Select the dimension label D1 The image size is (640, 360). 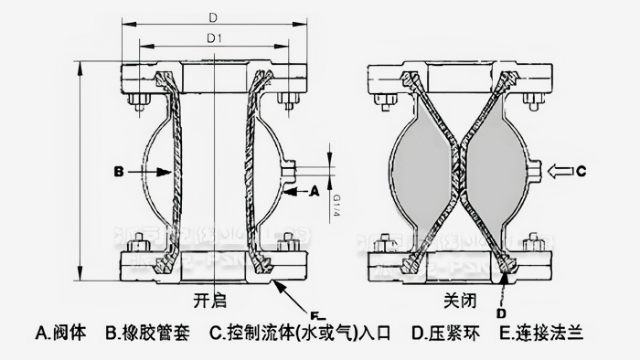click(213, 39)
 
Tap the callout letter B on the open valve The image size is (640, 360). click(119, 170)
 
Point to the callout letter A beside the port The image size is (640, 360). click(314, 192)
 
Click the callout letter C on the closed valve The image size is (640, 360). click(592, 168)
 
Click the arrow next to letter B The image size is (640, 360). click(146, 170)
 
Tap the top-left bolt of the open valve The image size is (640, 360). click(136, 99)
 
